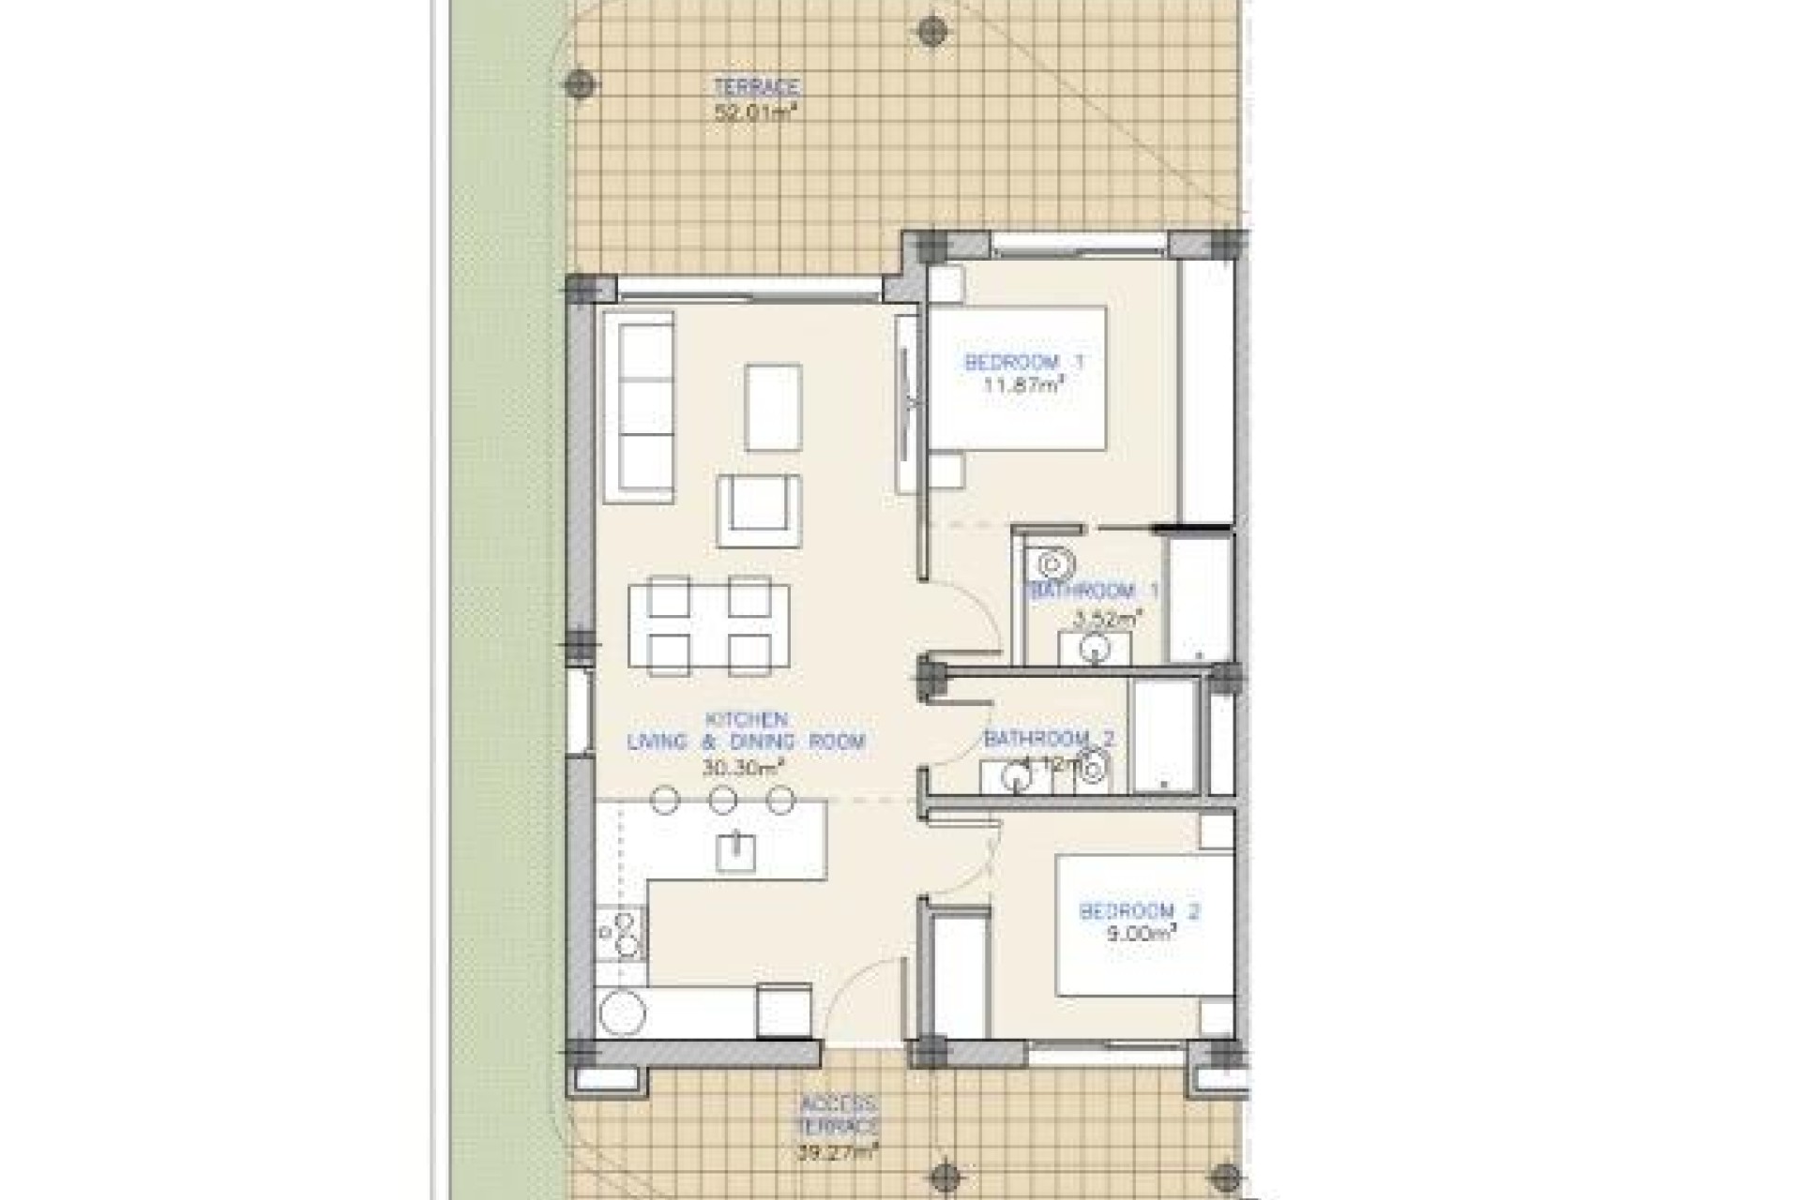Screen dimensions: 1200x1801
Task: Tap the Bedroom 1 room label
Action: [x=1025, y=362]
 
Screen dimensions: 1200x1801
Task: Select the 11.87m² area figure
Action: [x=1025, y=385]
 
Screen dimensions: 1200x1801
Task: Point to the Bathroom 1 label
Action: [x=1094, y=592]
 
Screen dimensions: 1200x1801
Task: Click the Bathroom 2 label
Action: [x=1049, y=739]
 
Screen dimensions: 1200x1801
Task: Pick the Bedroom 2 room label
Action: [x=1140, y=910]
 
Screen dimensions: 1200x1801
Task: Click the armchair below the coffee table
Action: [x=759, y=511]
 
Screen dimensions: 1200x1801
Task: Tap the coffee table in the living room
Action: [x=774, y=408]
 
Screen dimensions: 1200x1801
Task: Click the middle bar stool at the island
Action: [x=722, y=800]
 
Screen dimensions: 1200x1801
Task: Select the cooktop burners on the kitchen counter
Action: [x=620, y=933]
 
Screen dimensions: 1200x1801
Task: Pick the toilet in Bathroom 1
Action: [x=1056, y=562]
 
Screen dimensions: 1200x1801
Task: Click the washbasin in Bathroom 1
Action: [x=1094, y=648]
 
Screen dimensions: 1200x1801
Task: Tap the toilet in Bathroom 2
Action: [x=1093, y=767]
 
